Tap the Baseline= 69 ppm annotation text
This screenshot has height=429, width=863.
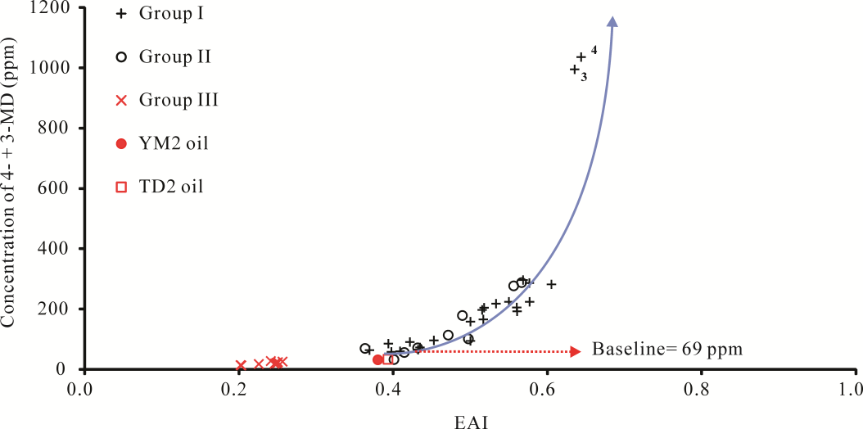[x=667, y=350]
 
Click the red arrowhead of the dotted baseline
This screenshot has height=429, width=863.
[x=575, y=350]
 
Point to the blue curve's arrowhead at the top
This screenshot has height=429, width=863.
[x=613, y=21]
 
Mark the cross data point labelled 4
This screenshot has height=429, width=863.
[x=581, y=57]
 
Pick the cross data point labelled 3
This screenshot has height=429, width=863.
[x=575, y=70]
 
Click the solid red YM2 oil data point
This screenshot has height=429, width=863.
[x=378, y=359]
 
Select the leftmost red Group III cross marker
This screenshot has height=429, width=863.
[x=241, y=365]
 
